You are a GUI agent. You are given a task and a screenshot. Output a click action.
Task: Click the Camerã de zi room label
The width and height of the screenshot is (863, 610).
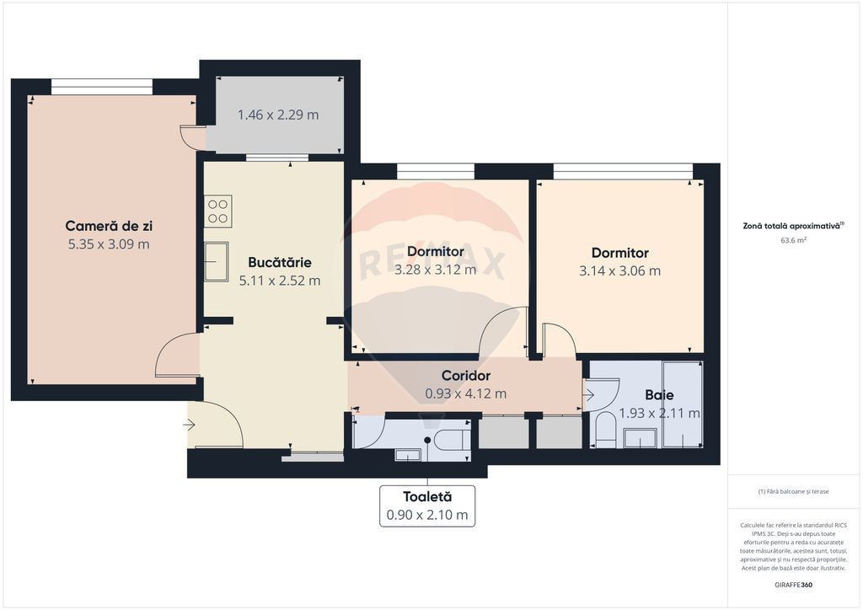(109, 226)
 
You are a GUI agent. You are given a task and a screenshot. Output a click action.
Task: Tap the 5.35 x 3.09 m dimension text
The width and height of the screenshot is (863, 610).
(109, 244)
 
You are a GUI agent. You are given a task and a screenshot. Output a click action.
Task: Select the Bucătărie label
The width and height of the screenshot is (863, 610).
(280, 262)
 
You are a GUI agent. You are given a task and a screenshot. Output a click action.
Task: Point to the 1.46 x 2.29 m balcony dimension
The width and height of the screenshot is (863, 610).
(278, 115)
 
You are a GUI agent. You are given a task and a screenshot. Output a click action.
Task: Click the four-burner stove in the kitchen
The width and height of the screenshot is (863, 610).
(218, 211)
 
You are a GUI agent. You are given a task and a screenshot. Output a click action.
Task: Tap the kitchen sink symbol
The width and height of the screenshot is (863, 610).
(217, 262)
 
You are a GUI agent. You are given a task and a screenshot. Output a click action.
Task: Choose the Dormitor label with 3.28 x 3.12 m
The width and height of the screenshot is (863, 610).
(436, 251)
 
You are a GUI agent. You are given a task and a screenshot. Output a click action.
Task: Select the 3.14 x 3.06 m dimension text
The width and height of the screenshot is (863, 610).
(619, 270)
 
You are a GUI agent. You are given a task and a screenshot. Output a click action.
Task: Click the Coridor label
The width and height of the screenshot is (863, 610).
(465, 376)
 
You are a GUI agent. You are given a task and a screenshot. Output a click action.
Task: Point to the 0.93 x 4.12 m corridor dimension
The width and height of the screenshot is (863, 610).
(465, 393)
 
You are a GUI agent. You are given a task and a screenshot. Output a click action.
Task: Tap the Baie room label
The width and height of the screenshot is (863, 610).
(659, 395)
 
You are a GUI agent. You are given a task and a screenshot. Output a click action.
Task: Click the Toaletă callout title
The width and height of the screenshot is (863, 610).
(427, 497)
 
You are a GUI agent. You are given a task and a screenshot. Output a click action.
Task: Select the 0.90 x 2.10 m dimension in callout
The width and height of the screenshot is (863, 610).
(427, 516)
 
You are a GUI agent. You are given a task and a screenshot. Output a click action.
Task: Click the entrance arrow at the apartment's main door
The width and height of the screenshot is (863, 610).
(190, 425)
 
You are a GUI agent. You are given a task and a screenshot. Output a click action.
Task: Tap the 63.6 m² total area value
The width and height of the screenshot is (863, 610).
(794, 240)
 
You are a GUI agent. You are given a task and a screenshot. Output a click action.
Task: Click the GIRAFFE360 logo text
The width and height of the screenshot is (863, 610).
(793, 585)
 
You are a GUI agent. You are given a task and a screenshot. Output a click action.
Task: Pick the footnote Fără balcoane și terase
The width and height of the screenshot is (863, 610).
(793, 492)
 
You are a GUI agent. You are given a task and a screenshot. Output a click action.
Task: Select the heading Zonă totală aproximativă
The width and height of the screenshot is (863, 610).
(793, 226)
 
